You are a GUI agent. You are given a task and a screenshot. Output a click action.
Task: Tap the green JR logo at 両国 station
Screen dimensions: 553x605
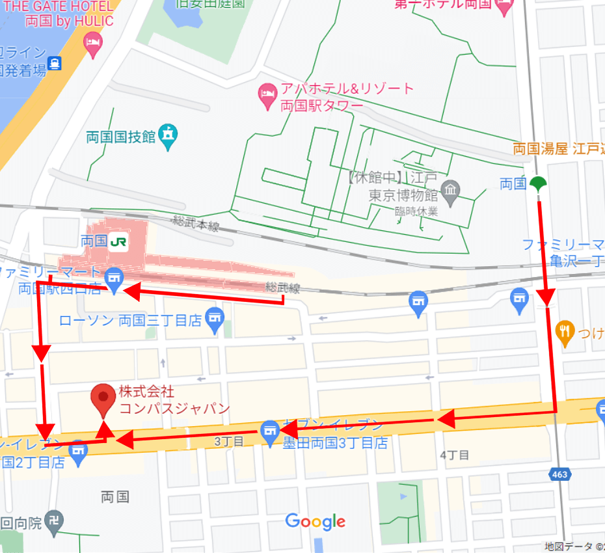click(118, 241)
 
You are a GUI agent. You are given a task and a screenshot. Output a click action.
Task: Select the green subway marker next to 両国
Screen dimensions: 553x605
click(537, 184)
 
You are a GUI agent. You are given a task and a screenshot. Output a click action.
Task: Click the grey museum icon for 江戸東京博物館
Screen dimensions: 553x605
click(450, 191)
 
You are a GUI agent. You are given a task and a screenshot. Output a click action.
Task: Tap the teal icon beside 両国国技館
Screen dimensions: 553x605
click(169, 136)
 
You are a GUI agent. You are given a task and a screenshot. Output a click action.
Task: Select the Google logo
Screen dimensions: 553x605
click(315, 521)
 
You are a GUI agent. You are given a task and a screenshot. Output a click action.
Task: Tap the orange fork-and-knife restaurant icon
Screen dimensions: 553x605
click(565, 332)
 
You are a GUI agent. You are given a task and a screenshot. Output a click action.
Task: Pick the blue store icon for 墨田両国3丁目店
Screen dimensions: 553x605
click(269, 431)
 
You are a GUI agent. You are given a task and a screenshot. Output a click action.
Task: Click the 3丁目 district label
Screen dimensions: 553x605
click(229, 442)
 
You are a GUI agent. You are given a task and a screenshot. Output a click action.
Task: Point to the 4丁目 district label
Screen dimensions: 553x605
click(455, 455)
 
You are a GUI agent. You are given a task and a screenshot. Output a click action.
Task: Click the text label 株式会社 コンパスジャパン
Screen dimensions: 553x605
click(174, 400)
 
